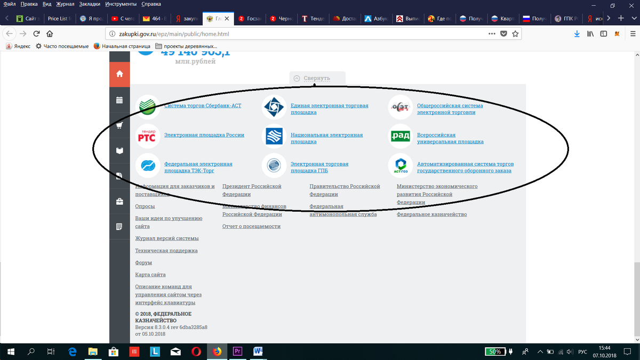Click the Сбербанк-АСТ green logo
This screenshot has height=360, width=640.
(x=146, y=106)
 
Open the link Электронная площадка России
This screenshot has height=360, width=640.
(x=204, y=135)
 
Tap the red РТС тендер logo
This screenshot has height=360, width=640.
(x=146, y=136)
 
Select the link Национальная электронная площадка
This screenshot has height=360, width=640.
(x=326, y=138)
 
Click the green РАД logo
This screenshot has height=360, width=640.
(x=400, y=136)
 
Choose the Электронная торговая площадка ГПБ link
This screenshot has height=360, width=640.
(x=319, y=167)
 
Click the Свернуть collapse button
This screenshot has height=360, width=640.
(x=317, y=78)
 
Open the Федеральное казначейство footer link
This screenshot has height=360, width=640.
(x=431, y=214)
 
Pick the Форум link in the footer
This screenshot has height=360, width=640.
(x=143, y=263)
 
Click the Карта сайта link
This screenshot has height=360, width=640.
(x=150, y=275)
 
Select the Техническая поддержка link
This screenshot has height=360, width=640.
(x=166, y=251)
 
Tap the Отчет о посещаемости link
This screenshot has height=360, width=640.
(x=251, y=227)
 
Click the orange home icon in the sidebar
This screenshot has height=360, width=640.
(x=119, y=74)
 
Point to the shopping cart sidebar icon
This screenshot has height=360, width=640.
(x=119, y=125)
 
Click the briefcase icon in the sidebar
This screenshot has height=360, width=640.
(x=119, y=202)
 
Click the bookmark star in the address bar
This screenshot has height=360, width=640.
(x=515, y=34)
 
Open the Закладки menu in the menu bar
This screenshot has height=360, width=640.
(x=90, y=4)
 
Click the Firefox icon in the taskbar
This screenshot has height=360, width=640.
(x=217, y=351)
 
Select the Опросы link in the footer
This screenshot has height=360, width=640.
(x=145, y=206)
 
